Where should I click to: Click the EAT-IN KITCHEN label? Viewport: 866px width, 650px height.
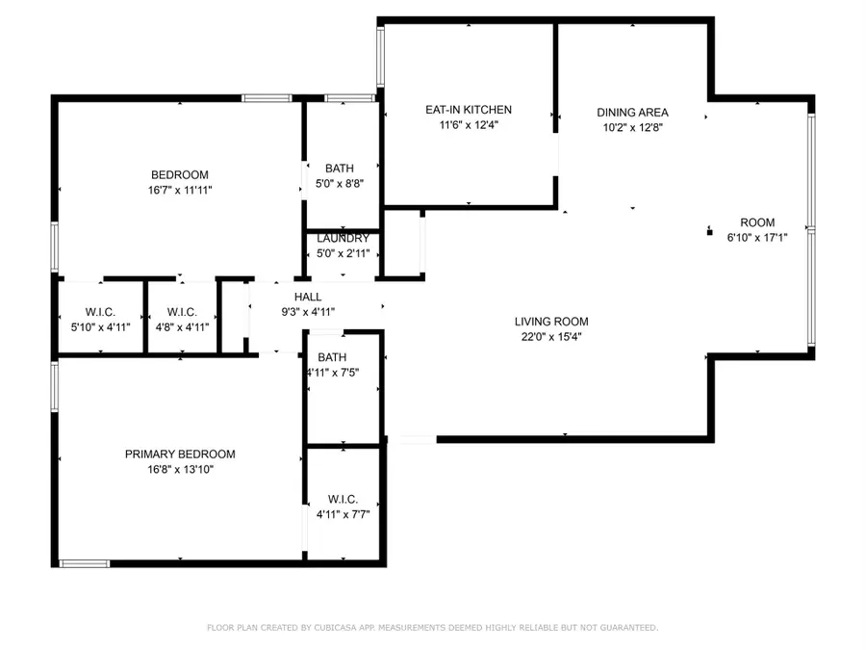469,110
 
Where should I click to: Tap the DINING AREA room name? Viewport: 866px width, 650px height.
632,113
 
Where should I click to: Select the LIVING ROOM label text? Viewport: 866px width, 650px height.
550,322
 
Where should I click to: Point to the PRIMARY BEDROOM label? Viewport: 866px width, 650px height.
180,455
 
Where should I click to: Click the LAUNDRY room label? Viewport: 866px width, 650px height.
343,239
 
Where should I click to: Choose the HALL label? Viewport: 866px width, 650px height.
308,297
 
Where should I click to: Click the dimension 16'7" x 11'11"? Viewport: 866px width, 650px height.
180,191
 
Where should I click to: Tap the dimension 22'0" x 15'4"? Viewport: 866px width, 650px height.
550,337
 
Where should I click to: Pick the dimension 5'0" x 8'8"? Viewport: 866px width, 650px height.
340,183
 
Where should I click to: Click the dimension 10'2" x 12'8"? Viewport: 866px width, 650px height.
632,127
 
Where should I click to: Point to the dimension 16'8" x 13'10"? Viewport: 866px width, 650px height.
180,470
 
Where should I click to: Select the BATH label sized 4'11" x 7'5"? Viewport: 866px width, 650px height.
332,357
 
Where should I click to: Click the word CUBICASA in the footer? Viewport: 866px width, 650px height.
330,628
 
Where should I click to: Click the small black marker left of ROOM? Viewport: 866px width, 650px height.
709,231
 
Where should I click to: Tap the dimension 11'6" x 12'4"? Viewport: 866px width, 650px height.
469,124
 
